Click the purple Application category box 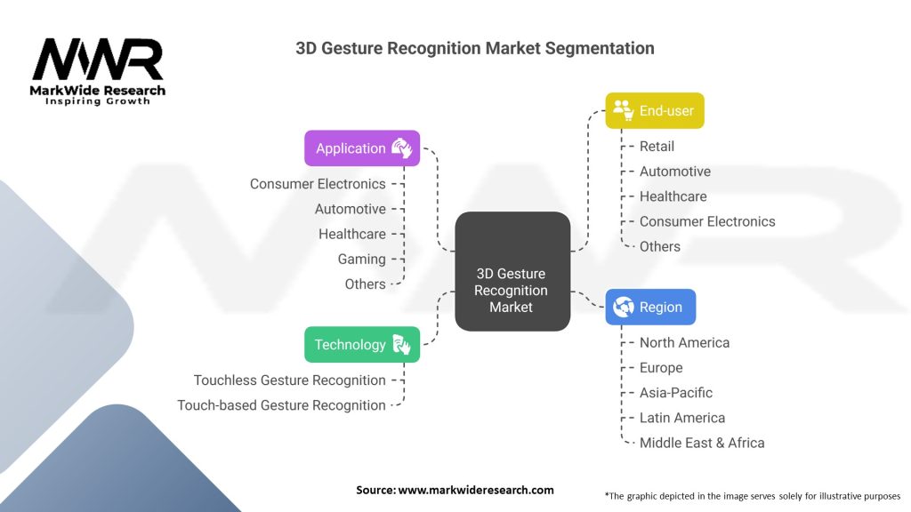(361, 148)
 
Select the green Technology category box (361, 345)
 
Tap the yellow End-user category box (655, 111)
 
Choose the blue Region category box (650, 308)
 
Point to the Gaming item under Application (361, 260)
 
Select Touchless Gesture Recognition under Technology (290, 380)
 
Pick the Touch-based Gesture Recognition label (281, 405)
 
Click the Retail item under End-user (657, 147)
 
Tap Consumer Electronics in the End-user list (707, 221)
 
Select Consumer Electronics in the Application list (318, 184)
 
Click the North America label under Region (684, 343)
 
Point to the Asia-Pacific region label (676, 393)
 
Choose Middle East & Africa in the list (702, 443)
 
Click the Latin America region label (682, 418)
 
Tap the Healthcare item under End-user (673, 196)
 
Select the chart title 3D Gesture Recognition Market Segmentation (475, 48)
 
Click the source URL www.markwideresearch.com (475, 490)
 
